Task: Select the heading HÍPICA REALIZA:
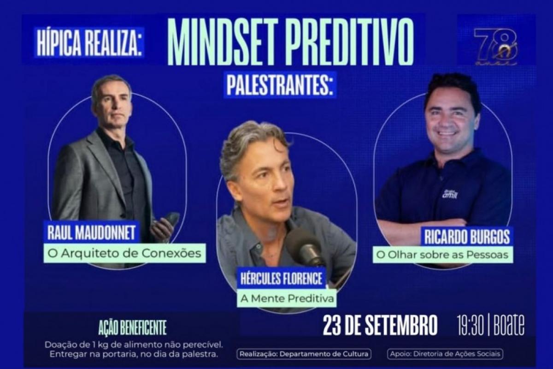[89, 42]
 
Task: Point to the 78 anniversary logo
[496, 46]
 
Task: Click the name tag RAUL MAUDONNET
[91, 232]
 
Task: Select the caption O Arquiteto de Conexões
[125, 253]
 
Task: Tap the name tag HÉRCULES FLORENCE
[281, 278]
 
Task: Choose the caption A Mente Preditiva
[287, 298]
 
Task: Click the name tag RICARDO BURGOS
[467, 236]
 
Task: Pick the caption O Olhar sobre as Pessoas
[443, 255]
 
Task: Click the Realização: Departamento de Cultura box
[304, 354]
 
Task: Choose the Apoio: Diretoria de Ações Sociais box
[445, 354]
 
